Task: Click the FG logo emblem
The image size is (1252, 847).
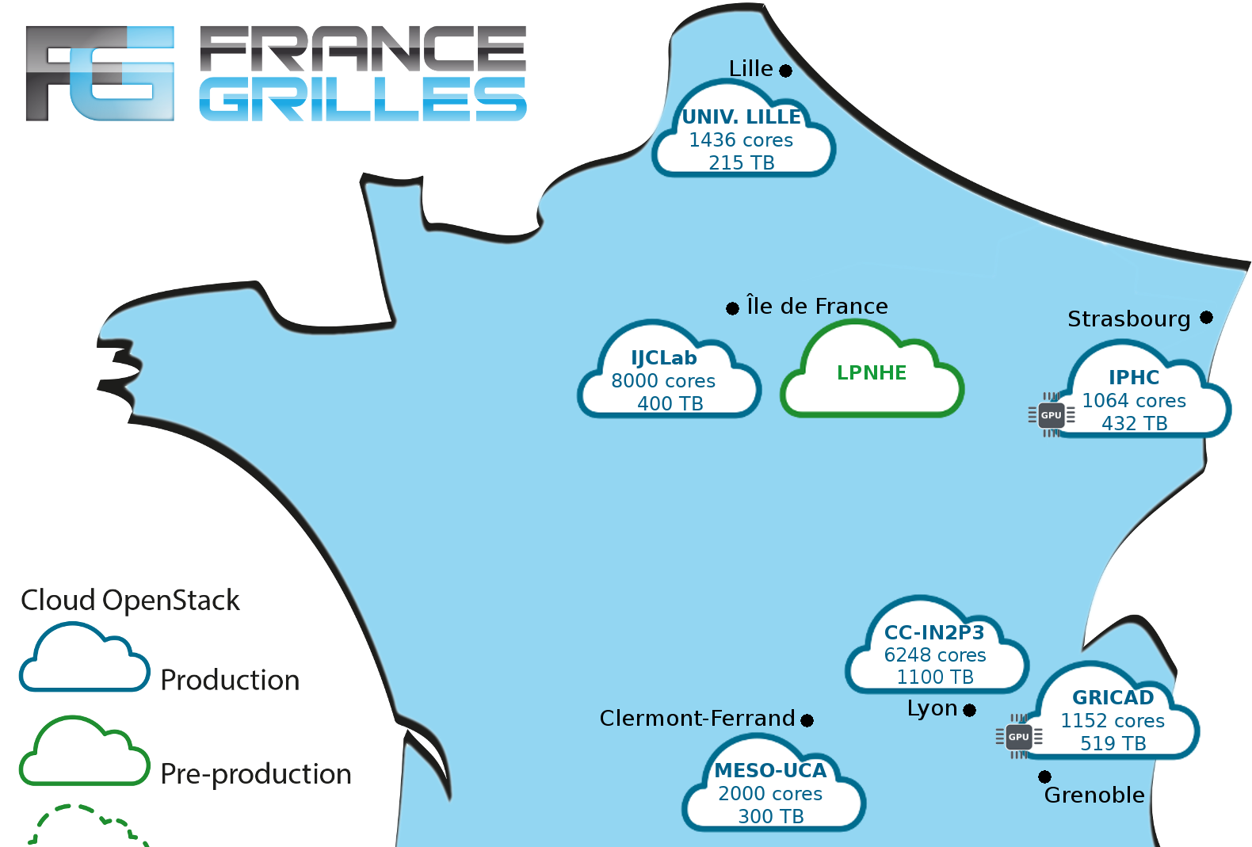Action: (x=100, y=73)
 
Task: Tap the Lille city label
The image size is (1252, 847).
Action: (x=750, y=69)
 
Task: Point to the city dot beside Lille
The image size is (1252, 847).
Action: (x=785, y=71)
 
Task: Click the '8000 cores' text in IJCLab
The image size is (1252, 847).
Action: (x=663, y=381)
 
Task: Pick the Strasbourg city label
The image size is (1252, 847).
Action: (x=1128, y=319)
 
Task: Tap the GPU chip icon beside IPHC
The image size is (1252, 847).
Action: (x=1051, y=414)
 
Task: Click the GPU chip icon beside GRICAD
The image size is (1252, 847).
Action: (x=1018, y=736)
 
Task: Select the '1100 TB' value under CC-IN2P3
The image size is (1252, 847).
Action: (x=935, y=677)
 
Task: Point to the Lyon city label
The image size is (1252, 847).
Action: (x=932, y=708)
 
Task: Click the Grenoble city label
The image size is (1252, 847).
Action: (x=1094, y=795)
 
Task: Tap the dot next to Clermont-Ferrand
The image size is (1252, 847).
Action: (x=807, y=720)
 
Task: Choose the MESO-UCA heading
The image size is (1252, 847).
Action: (x=770, y=770)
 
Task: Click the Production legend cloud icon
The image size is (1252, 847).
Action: (x=84, y=659)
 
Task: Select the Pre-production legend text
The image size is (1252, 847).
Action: (x=256, y=773)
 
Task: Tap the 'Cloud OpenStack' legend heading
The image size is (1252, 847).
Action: (x=131, y=600)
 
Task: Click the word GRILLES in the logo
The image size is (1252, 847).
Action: (x=362, y=100)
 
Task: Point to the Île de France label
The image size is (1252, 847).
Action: (x=817, y=307)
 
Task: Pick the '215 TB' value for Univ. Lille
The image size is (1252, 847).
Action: (x=742, y=162)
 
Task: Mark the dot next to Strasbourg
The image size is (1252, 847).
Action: (x=1206, y=317)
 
